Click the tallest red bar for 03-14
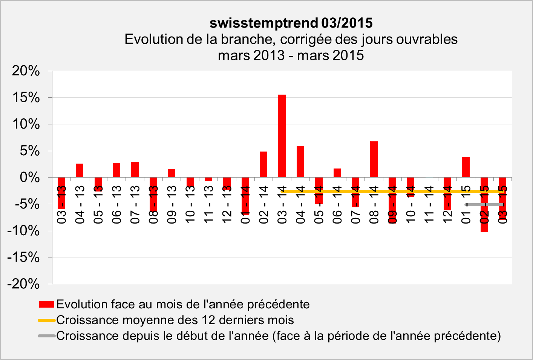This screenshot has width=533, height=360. (282, 136)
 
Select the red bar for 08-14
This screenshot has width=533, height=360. (374, 159)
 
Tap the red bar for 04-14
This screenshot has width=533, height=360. (300, 162)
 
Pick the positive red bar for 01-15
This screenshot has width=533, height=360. (466, 167)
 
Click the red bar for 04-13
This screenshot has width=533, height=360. (80, 170)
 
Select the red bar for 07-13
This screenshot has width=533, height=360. (135, 170)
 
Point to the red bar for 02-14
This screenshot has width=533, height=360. (263, 164)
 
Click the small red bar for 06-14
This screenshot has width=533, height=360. (337, 173)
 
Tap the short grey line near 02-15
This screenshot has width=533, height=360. (484, 205)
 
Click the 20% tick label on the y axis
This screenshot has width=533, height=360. (26, 71)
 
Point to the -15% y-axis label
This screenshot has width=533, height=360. (23, 257)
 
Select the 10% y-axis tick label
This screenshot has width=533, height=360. (26, 124)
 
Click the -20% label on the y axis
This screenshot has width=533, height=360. (23, 284)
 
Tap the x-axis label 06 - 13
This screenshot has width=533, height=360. (116, 204)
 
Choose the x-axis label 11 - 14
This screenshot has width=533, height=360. (429, 204)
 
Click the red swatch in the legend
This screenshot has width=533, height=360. (47, 305)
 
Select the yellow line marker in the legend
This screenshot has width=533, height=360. (47, 320)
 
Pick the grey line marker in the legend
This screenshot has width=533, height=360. (47, 336)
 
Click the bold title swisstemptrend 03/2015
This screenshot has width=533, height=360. (291, 23)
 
